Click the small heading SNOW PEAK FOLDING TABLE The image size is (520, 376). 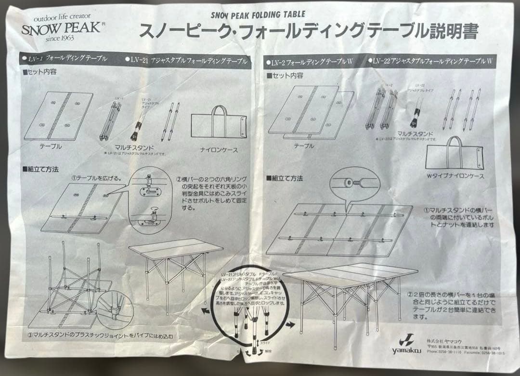click(x=258, y=15)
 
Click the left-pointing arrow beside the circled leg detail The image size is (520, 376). click(x=206, y=311)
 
